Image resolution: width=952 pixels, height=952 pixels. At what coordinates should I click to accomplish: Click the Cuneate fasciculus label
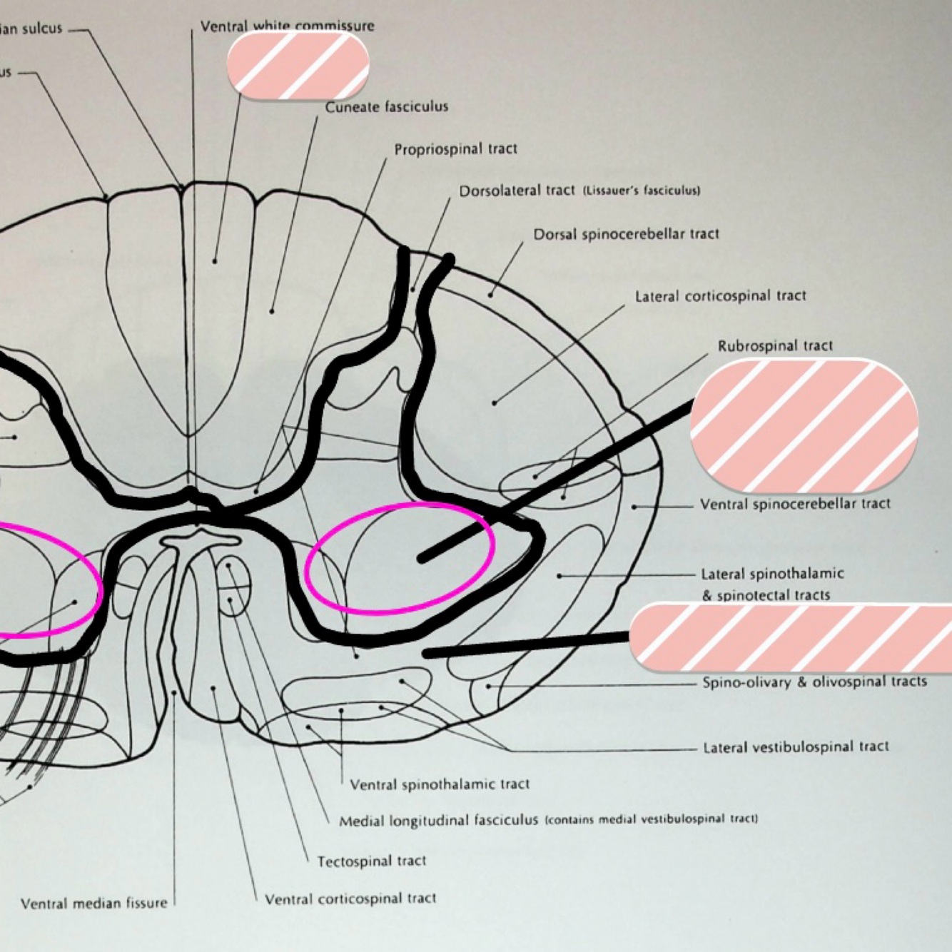(x=387, y=107)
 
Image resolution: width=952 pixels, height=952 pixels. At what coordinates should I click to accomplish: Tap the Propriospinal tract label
(x=455, y=149)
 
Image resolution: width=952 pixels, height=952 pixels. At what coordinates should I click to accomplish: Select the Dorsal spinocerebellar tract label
(x=626, y=234)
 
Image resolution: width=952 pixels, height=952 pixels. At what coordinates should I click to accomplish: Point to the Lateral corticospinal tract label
(x=721, y=295)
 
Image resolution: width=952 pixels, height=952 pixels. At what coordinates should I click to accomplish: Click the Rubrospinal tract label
(x=775, y=346)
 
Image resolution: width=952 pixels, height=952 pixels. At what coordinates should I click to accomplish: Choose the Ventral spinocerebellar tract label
(x=795, y=504)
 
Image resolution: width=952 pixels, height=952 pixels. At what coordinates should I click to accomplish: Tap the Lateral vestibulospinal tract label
(x=796, y=747)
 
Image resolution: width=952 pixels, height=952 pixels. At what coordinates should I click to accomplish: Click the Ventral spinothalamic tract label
(x=440, y=784)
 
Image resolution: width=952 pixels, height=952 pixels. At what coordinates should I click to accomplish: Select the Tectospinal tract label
(x=371, y=861)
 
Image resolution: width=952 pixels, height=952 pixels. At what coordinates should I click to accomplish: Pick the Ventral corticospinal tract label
(x=350, y=898)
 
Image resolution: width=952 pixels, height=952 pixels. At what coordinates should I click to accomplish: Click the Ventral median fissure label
(x=93, y=903)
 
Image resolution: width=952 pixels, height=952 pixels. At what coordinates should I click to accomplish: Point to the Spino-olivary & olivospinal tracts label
(x=814, y=682)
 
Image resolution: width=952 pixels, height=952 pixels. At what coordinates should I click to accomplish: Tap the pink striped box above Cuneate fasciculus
(x=298, y=65)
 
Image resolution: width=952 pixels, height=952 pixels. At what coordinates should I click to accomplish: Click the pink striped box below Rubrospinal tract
(x=804, y=426)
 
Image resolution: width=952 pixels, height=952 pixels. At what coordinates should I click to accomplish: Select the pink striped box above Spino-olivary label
(x=791, y=637)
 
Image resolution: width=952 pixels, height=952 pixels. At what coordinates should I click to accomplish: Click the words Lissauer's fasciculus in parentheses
(x=642, y=191)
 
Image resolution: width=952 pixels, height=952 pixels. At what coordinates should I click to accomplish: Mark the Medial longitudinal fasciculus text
(x=438, y=821)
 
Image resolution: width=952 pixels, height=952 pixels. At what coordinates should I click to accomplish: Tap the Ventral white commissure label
(x=287, y=26)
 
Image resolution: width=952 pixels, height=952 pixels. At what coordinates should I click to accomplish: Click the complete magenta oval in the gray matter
(x=400, y=557)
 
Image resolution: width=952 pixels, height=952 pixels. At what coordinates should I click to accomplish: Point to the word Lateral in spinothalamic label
(x=724, y=574)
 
